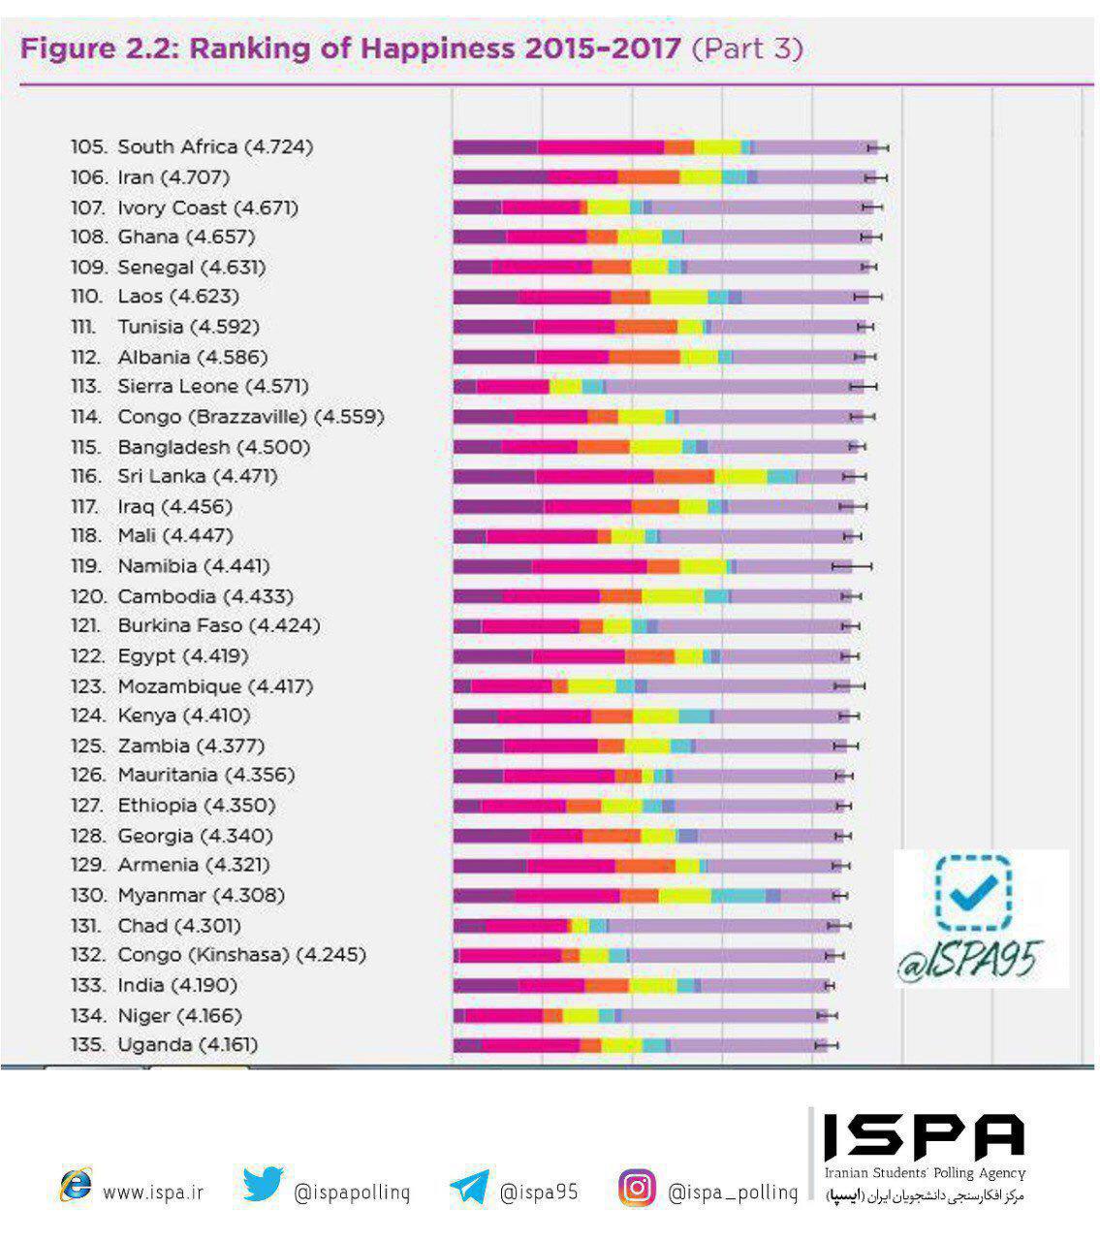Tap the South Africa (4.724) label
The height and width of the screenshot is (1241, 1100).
click(x=192, y=147)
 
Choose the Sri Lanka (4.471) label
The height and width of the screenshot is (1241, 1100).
click(x=173, y=476)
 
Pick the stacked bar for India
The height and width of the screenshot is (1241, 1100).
click(x=640, y=986)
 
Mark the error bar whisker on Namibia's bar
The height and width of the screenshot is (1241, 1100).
click(x=852, y=566)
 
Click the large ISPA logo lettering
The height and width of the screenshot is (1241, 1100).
click(x=924, y=1136)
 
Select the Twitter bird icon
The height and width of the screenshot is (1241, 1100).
click(x=263, y=1186)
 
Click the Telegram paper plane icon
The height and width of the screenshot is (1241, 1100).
click(x=470, y=1188)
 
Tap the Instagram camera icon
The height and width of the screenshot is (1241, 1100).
click(x=637, y=1188)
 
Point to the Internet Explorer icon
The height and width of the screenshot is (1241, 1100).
click(x=76, y=1186)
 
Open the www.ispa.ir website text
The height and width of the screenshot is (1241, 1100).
click(x=153, y=1192)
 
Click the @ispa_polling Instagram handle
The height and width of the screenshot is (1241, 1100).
click(x=733, y=1192)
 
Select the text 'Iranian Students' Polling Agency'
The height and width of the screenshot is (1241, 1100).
click(x=924, y=1173)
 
